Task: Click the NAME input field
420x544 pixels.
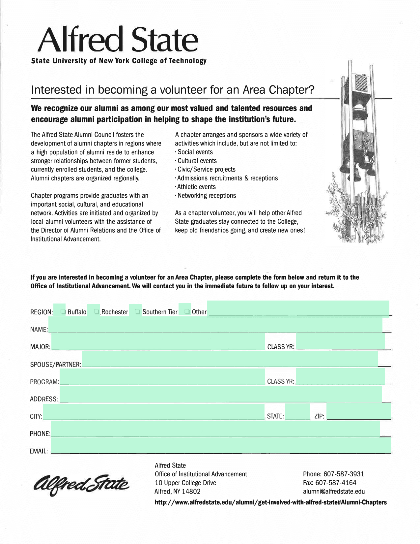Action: click(215, 325)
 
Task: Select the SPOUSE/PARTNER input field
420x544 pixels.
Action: click(230, 359)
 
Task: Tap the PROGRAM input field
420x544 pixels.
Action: click(162, 376)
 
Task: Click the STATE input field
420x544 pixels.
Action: click(297, 412)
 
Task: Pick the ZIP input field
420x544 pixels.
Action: click(359, 412)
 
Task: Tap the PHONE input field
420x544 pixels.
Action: click(215, 429)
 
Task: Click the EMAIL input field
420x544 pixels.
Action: click(221, 446)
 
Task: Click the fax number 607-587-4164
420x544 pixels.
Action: click(329, 483)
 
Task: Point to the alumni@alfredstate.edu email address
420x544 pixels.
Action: click(334, 492)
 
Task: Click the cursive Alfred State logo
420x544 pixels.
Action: click(80, 484)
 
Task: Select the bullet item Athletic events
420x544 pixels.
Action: click(196, 187)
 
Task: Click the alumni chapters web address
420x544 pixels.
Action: click(270, 502)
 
